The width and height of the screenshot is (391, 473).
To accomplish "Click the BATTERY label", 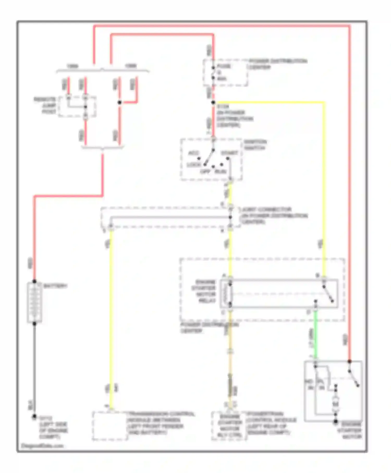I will [55, 286].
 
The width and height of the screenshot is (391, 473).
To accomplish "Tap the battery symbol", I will [34, 302].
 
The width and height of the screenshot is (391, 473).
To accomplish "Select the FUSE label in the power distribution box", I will [224, 66].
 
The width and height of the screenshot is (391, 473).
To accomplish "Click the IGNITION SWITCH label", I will [255, 145].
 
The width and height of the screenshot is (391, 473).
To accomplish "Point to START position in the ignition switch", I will [229, 153].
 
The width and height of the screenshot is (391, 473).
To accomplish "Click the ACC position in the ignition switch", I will [193, 153].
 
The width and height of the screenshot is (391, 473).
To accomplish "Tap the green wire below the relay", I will [315, 336].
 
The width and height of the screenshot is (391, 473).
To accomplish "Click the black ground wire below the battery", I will [34, 370].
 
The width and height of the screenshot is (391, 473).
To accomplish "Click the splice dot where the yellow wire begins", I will [213, 102].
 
